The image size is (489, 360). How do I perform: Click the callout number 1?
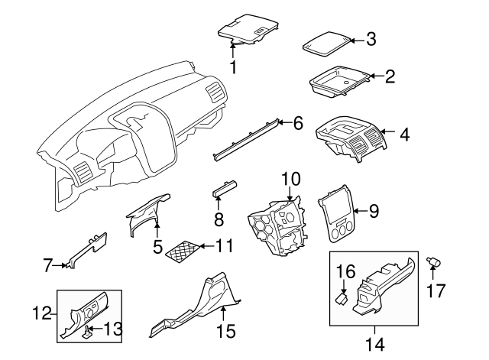pos(233,69)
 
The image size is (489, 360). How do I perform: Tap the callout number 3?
pos(371,39)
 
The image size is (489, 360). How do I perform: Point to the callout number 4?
pos(404,135)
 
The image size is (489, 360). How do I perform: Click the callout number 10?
pos(290,179)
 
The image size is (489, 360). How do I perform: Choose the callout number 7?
pos(47,265)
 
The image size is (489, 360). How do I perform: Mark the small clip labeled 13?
pos(88,331)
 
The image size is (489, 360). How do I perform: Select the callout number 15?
pos(226,332)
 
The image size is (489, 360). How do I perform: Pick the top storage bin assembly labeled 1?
pos(248,28)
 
